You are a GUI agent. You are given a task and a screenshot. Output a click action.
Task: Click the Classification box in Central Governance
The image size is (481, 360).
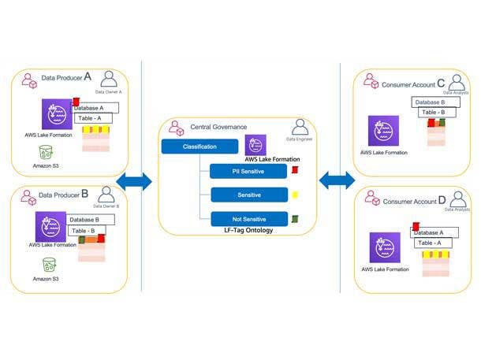tap(199, 147)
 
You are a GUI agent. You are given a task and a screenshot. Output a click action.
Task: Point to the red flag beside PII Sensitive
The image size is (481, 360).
tap(294, 169)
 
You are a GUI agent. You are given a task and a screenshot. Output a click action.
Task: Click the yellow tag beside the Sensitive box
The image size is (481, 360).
tap(294, 194)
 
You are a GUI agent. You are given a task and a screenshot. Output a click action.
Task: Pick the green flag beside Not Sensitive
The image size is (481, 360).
tap(294, 218)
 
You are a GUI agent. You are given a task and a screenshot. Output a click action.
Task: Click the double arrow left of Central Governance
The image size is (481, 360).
tap(133, 182)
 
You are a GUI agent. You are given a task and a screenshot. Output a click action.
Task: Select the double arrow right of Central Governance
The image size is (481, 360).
tap(337, 181)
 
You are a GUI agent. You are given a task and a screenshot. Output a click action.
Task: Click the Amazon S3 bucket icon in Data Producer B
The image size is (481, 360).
tap(49, 265)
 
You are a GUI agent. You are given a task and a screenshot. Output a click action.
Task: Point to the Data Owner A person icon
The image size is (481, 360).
tap(109, 80)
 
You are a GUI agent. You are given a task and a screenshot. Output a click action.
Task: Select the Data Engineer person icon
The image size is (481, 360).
tap(300, 127)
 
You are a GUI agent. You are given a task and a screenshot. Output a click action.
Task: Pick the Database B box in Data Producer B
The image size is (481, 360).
tap(90, 220)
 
